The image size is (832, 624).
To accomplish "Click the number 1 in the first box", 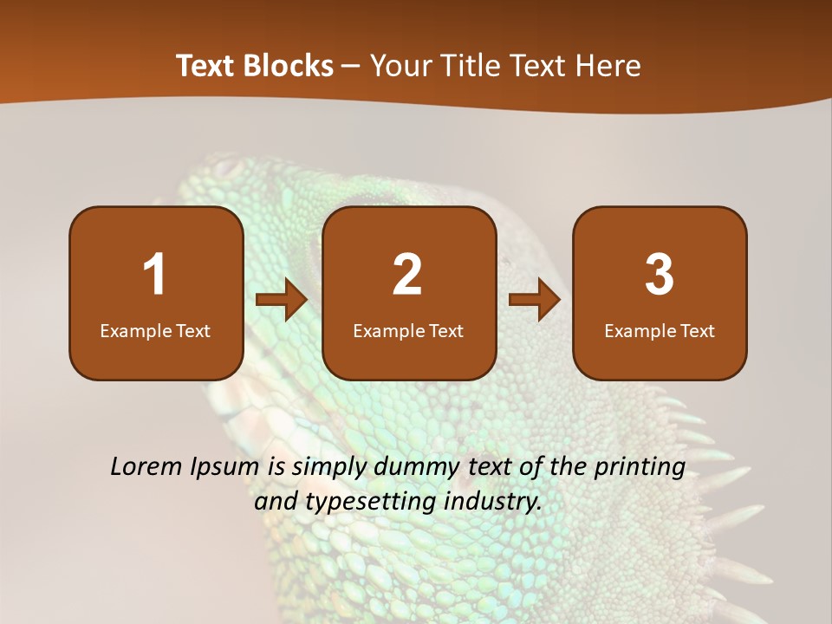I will pyautogui.click(x=155, y=275).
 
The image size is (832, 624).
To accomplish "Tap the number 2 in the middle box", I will pyautogui.click(x=407, y=275).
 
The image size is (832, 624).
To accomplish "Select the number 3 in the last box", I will pyautogui.click(x=660, y=275).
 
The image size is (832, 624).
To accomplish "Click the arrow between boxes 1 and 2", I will pyautogui.click(x=282, y=300).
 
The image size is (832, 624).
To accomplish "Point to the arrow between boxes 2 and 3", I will pyautogui.click(x=534, y=300).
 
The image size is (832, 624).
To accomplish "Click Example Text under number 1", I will pyautogui.click(x=155, y=330).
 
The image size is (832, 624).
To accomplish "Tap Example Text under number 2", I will pyautogui.click(x=408, y=330).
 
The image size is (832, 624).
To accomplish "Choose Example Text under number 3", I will pyautogui.click(x=660, y=330).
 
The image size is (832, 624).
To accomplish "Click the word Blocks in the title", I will pyautogui.click(x=289, y=66).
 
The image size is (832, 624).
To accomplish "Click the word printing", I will pyautogui.click(x=640, y=468).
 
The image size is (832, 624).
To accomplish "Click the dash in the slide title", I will pyautogui.click(x=351, y=66).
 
